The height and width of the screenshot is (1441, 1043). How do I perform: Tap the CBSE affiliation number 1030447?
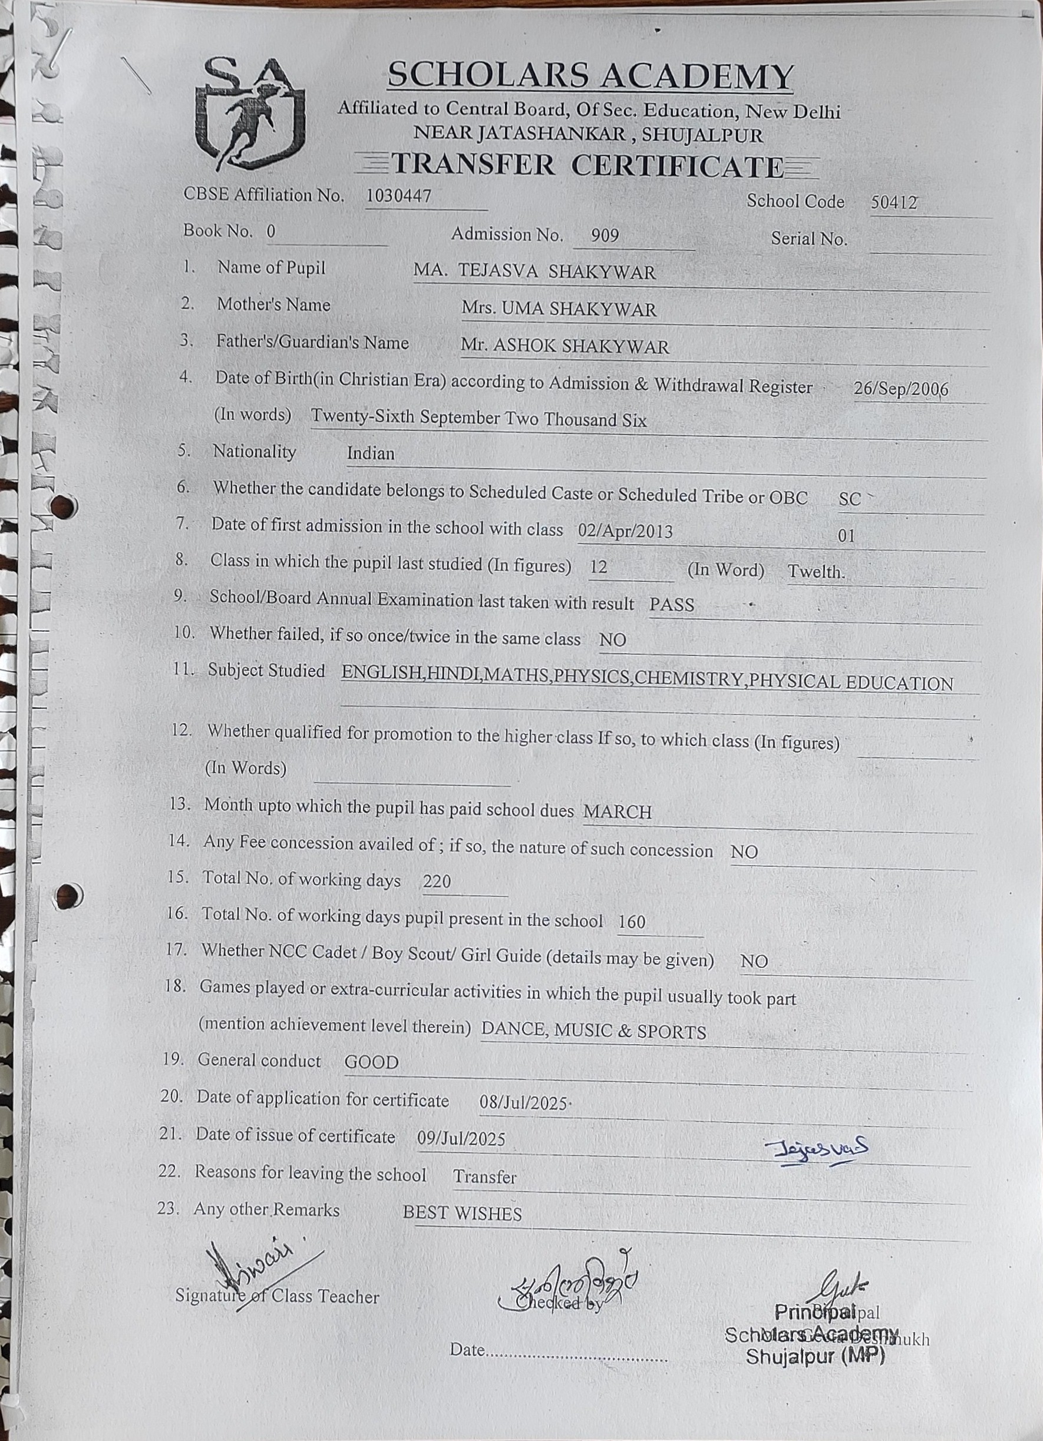point(398,196)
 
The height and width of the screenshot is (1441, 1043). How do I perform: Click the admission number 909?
point(605,236)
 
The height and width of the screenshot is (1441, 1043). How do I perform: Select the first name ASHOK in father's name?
point(524,346)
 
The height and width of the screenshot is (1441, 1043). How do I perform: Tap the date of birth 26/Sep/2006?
point(900,389)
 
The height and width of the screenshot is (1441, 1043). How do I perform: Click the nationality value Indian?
point(371,453)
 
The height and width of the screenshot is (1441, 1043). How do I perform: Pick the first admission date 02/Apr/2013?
point(625,531)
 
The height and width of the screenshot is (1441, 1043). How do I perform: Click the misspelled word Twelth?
point(816,572)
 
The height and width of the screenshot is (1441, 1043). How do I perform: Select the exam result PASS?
point(671,604)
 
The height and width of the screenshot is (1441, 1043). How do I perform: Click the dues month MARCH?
point(617,812)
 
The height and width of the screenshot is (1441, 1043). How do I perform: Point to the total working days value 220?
point(437,881)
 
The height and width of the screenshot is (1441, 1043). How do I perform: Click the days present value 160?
point(632,921)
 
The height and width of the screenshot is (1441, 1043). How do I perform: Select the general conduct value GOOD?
point(371,1062)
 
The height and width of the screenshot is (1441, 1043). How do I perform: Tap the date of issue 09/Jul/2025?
point(461,1138)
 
